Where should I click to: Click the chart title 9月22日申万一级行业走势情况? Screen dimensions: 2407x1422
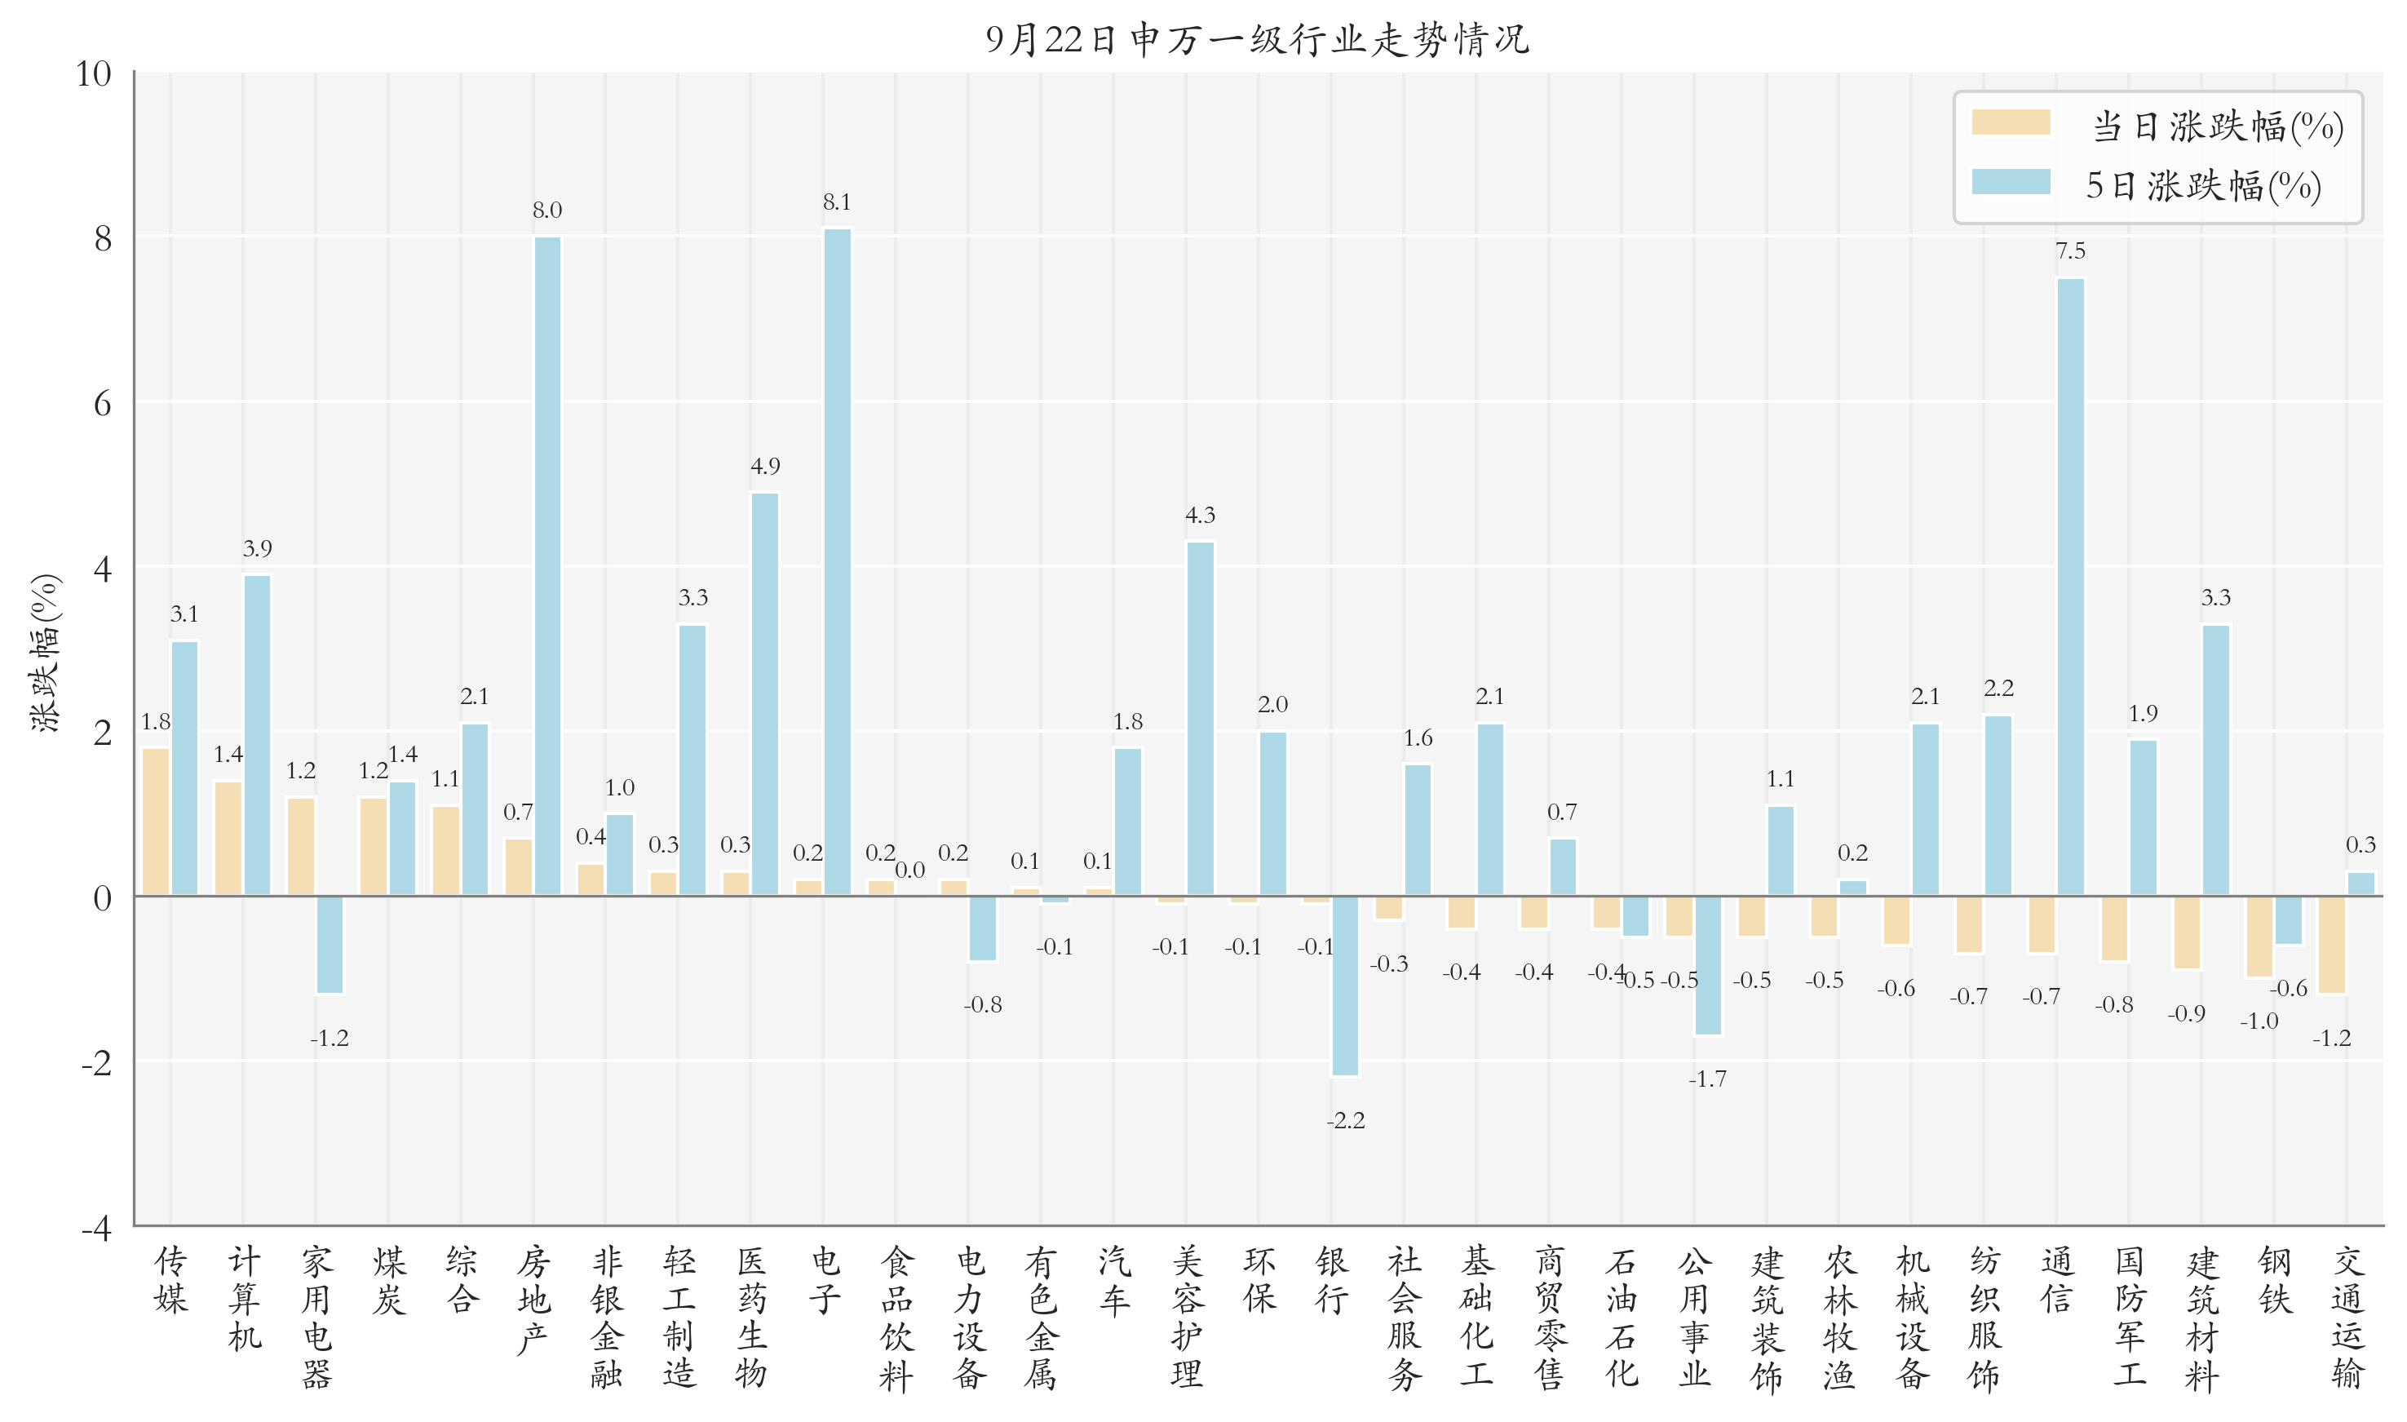(x=1257, y=39)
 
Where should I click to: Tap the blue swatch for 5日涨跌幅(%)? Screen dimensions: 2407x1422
(x=2011, y=182)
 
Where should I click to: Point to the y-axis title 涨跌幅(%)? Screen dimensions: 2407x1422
(x=45, y=653)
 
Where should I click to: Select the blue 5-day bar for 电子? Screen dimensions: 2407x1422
(x=836, y=561)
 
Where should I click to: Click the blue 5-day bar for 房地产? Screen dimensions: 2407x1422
(x=547, y=565)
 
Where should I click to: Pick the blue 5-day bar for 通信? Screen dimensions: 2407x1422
(x=2070, y=587)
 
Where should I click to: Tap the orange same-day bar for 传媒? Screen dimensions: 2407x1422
(x=156, y=822)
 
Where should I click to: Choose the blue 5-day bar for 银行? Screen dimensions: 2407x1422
(x=1345, y=986)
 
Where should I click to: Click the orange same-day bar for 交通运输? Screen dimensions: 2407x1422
(x=2331, y=945)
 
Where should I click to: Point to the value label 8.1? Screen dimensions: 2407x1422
(x=836, y=202)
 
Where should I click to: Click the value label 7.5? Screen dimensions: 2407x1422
(x=2070, y=251)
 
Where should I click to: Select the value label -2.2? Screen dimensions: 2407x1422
(x=1345, y=1120)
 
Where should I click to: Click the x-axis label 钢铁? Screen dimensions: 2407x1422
(x=2275, y=1279)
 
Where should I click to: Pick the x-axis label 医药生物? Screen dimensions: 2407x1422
(x=752, y=1317)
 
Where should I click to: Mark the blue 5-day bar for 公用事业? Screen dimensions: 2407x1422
(x=1707, y=966)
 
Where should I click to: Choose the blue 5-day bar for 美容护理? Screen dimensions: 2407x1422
(x=1200, y=719)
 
